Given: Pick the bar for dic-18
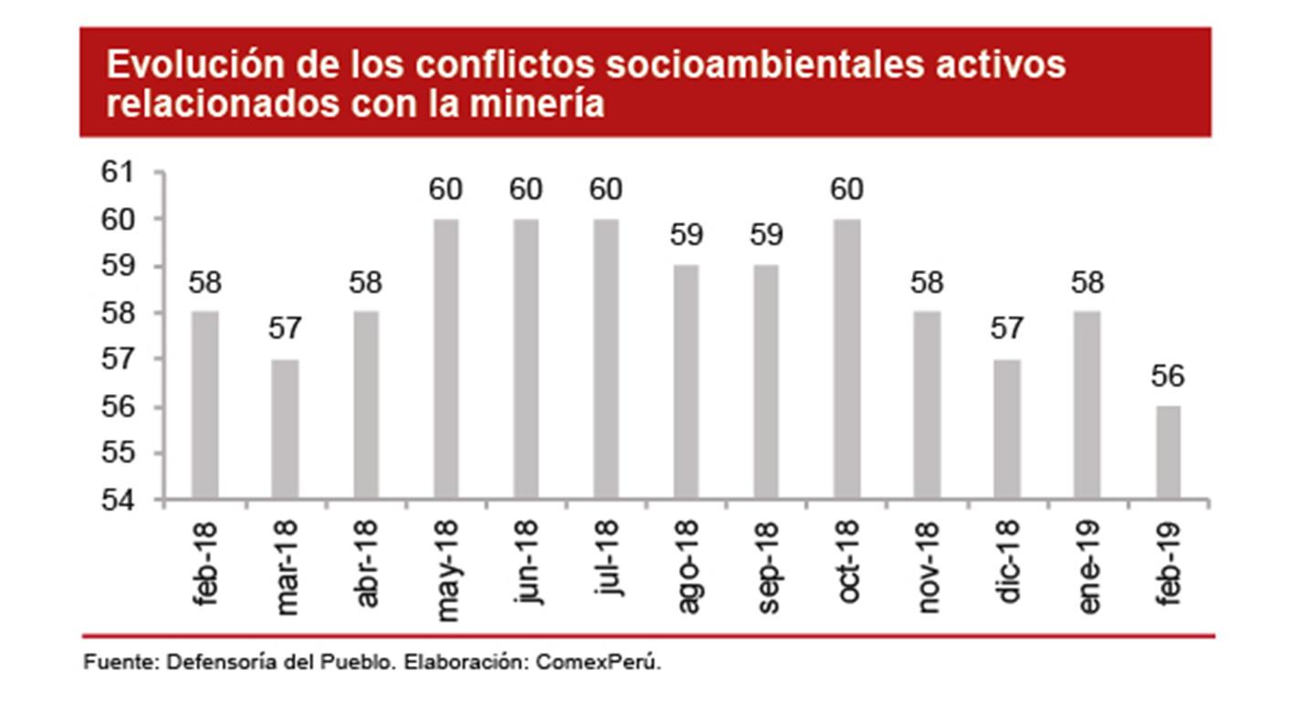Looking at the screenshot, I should (1007, 428).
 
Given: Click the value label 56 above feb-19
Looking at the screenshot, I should (1167, 377).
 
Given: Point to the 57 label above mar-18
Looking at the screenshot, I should (285, 329).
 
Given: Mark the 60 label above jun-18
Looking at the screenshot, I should (526, 189).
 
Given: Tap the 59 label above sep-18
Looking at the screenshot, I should (766, 235).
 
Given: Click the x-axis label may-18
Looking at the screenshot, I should (447, 569).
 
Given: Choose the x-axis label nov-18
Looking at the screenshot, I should (928, 567).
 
